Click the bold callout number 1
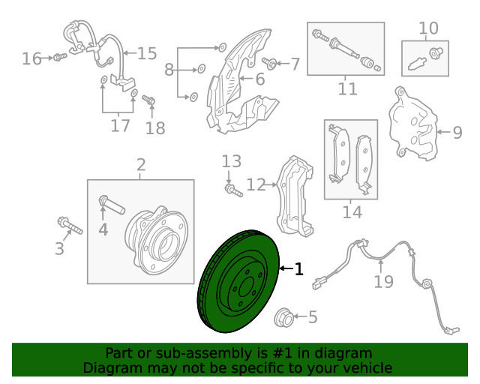[298, 268]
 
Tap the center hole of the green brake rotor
[247, 287]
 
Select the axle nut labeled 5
[283, 317]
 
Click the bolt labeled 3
[70, 226]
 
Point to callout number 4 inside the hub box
[103, 229]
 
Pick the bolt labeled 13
[233, 190]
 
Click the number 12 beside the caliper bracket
[256, 184]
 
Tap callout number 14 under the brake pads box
[352, 212]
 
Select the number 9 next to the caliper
[457, 132]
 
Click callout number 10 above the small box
[428, 28]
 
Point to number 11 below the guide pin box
[347, 88]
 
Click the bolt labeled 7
[269, 63]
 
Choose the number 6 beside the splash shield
[260, 79]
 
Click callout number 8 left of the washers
[169, 70]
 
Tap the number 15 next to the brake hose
[147, 53]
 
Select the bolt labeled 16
[60, 57]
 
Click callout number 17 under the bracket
[120, 125]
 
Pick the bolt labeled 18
[148, 100]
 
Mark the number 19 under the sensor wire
[383, 281]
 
